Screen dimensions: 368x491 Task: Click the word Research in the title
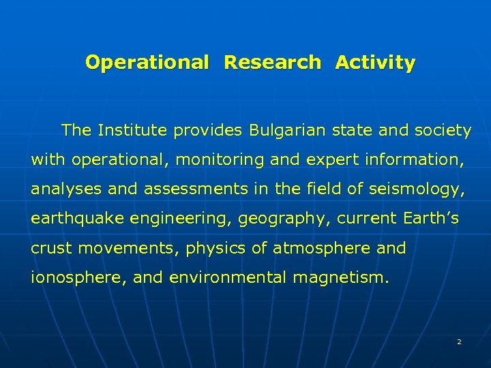[272, 63]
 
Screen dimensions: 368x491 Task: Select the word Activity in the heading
[374, 63]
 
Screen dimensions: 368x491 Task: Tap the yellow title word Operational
[147, 63]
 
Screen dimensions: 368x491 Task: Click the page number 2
[459, 341]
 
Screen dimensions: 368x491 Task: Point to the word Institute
[132, 130]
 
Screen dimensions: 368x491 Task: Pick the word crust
[52, 248]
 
